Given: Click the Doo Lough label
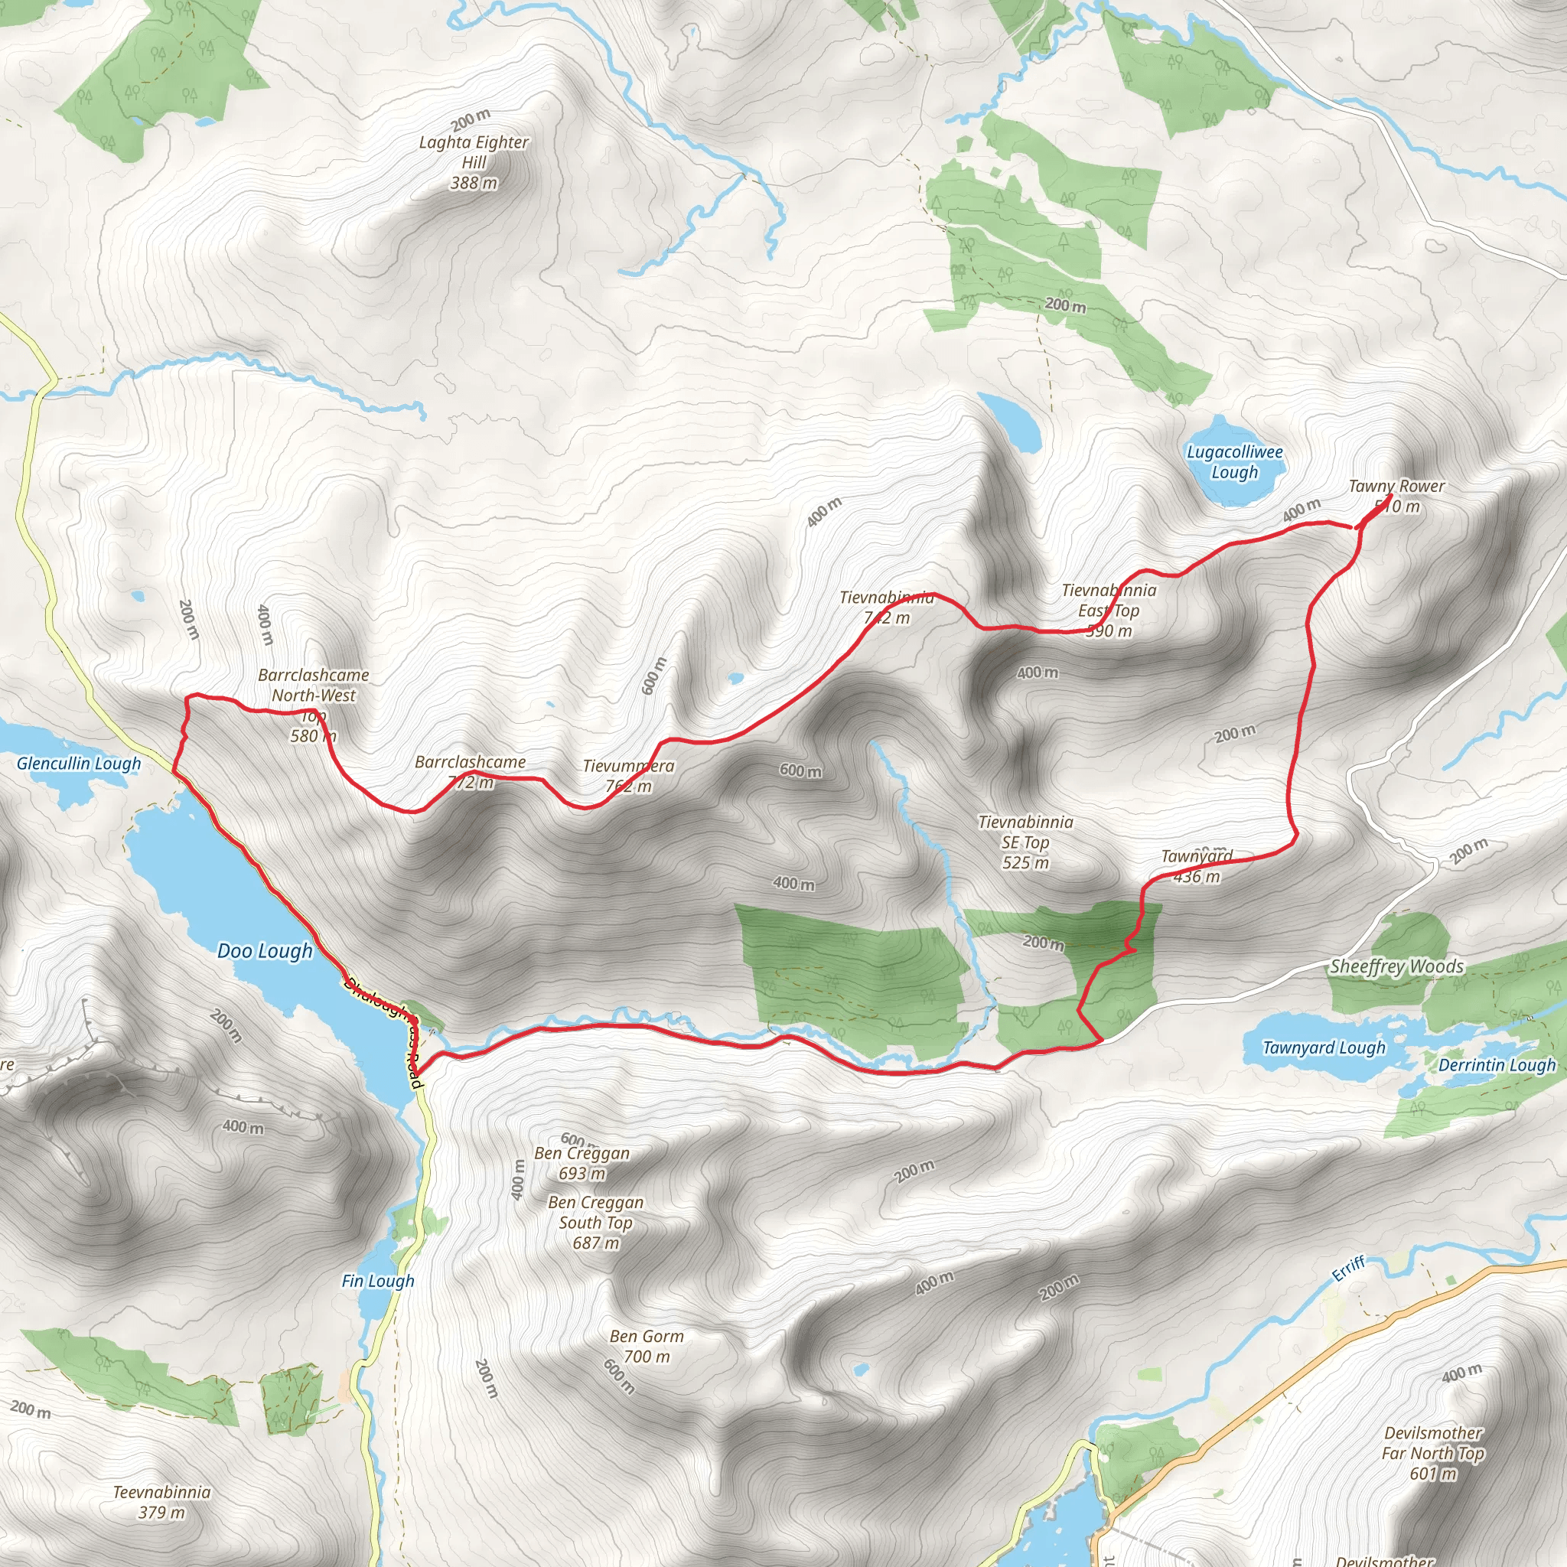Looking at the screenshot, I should point(265,950).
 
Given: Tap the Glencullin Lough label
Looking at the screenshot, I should point(79,763).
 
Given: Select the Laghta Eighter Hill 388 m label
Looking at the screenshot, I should point(474,162).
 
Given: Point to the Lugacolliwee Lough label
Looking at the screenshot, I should point(1234,462).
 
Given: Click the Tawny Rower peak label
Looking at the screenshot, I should point(1396,496).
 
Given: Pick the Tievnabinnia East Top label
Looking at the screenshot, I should point(1109,610).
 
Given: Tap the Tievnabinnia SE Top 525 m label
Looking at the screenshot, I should point(1025,842).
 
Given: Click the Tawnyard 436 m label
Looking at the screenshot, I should point(1197,866).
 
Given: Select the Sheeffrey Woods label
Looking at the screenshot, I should point(1396,966).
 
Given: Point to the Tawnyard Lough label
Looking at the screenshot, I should point(1324,1047).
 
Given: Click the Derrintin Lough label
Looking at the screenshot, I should point(1497,1065).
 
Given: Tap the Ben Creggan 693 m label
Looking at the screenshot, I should point(582,1163).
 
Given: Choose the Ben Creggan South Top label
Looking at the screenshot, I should point(595,1222).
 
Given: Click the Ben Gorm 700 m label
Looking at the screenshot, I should point(647,1346).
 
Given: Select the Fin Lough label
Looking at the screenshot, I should point(378,1281).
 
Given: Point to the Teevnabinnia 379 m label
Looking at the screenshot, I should point(161,1501).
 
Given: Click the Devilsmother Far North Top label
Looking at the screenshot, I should point(1433,1453).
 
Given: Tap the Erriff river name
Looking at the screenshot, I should point(1349,1269).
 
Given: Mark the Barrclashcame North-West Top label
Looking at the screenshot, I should point(314,705).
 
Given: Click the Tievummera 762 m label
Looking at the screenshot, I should point(629,775).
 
